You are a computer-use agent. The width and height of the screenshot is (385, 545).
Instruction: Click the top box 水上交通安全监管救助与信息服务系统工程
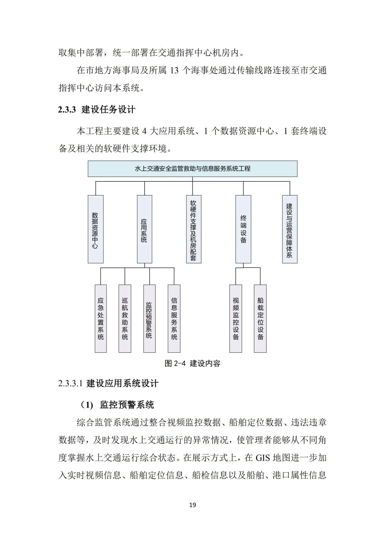192,169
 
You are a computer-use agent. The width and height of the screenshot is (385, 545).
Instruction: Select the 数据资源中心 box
96,229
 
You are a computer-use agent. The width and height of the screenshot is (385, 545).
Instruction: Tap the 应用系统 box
144,229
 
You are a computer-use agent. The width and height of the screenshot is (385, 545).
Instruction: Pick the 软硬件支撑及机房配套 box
194,229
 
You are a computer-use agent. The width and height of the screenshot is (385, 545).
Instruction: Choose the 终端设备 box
243,229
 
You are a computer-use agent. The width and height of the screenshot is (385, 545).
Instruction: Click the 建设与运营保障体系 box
289,229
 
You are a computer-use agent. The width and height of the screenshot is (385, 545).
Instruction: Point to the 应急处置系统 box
101,318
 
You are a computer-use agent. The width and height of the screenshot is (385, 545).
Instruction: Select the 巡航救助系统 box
125,318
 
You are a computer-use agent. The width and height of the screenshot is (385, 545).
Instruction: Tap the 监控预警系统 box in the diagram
149,318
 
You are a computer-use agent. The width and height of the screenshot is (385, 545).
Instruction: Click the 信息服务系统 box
174,318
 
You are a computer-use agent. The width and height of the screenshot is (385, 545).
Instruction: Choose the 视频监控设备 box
236,318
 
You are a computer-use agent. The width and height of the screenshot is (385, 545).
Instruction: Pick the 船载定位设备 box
260,318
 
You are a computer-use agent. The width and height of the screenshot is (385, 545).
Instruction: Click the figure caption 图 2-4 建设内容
192,363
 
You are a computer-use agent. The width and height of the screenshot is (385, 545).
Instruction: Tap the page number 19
192,505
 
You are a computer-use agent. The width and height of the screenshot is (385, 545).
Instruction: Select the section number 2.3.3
67,109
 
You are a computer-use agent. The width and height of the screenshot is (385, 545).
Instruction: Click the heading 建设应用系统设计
123,384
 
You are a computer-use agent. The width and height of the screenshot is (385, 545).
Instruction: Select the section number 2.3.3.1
71,384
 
